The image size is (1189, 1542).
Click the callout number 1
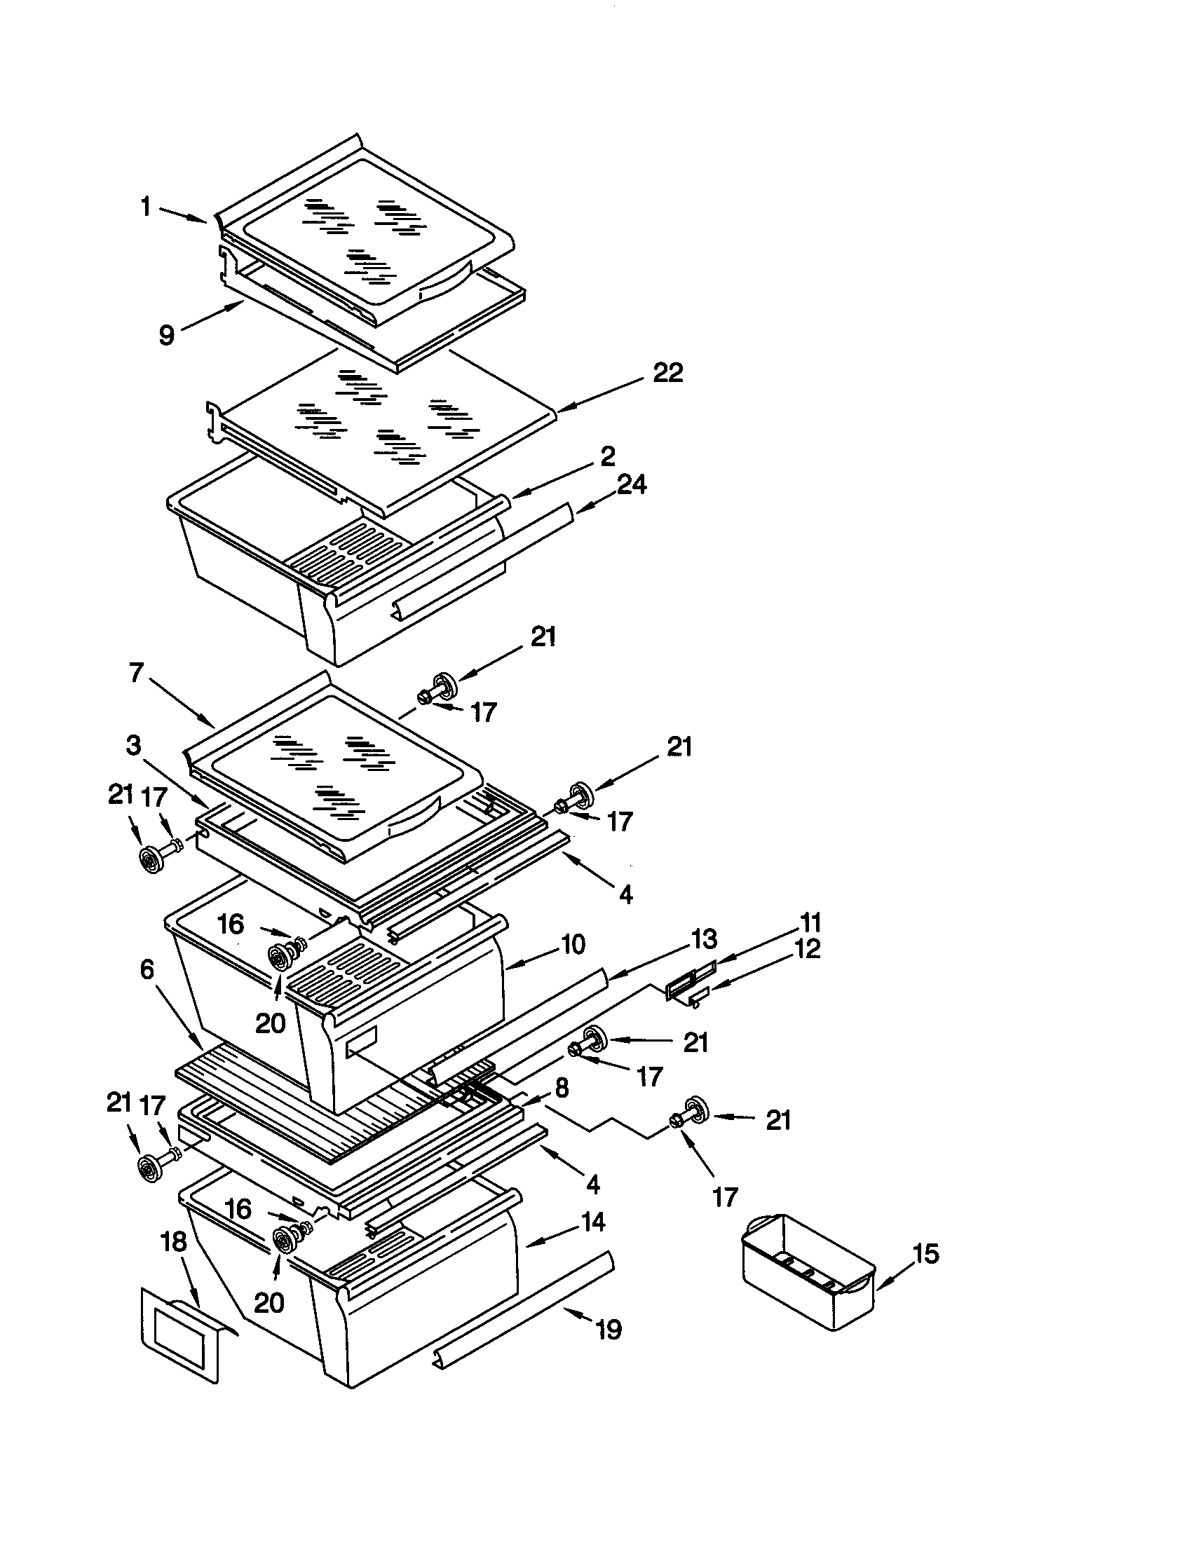tap(145, 207)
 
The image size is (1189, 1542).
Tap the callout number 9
tap(167, 334)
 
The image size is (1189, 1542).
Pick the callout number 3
tap(133, 745)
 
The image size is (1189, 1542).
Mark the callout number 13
tap(704, 939)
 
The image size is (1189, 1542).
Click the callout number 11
tap(810, 923)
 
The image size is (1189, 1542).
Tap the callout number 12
tap(808, 949)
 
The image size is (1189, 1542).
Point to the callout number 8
tap(562, 1088)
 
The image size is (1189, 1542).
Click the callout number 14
tap(593, 1222)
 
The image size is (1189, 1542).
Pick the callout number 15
tap(925, 1254)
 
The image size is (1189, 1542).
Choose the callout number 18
tap(174, 1243)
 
